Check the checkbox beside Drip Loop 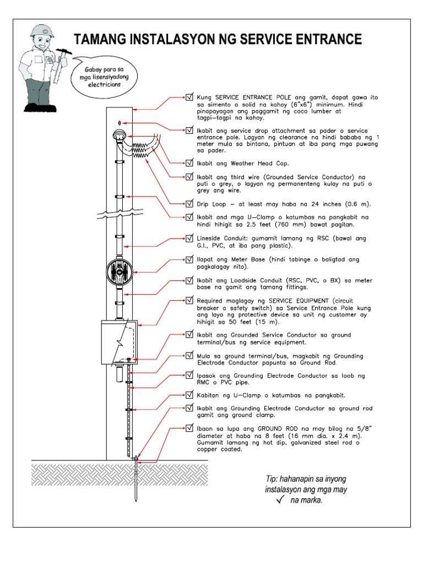pyautogui.click(x=190, y=203)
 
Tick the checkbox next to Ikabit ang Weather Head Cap pyautogui.click(x=190, y=163)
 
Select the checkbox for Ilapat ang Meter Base pyautogui.click(x=190, y=259)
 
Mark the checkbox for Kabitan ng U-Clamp pyautogui.click(x=190, y=395)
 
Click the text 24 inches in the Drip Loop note pyautogui.click(x=317, y=204)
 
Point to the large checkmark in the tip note pyautogui.click(x=280, y=500)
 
